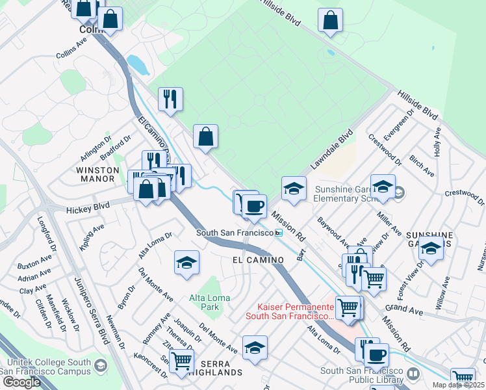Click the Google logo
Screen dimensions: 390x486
pyautogui.click(x=21, y=382)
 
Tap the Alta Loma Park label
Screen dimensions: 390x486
pyautogui.click(x=208, y=302)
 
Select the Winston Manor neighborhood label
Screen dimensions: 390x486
pyautogui.click(x=97, y=174)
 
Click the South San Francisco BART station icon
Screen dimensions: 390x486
pyautogui.click(x=279, y=233)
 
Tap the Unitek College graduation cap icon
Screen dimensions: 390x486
pyautogui.click(x=99, y=367)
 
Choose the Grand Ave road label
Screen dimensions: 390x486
pyautogui.click(x=403, y=306)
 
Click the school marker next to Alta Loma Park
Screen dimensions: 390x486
pyautogui.click(x=186, y=263)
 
